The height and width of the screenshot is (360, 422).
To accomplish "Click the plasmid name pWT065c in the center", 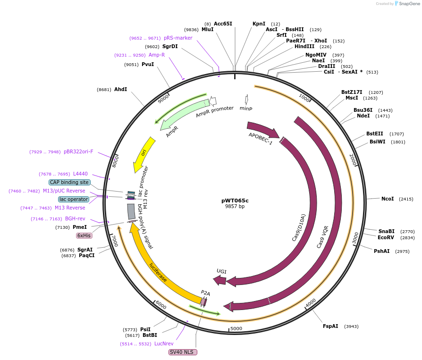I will coord(235,200).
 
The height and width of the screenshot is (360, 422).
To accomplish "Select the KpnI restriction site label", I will coord(259,24).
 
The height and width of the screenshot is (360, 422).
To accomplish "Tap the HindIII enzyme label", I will coord(304,46).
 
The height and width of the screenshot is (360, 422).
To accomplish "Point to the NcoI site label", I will coord(388,199).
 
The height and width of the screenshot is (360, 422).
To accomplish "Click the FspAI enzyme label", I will coord(330,326).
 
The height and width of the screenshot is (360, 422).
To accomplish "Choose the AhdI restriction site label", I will coord(120,89).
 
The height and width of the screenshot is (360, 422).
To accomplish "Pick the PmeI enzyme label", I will coord(80,227).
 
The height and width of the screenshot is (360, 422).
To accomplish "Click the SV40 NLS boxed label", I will coord(182,352).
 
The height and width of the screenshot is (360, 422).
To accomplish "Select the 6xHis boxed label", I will coord(84,235).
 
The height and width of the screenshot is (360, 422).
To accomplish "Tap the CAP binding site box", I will coord(69,182).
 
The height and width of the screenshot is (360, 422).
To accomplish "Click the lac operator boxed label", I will coord(73,199).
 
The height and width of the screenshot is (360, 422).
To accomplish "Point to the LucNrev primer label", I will coord(164,343).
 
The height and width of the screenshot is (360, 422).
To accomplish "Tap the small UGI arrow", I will coord(219,280).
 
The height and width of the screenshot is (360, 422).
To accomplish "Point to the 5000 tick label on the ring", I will coord(236,328).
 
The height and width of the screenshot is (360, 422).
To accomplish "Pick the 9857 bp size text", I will coord(235,207).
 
